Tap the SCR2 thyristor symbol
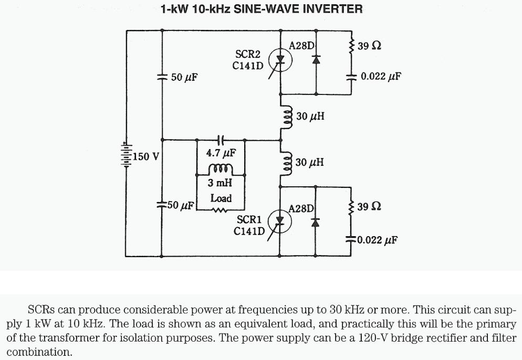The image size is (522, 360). coord(280,59)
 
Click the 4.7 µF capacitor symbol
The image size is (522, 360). coord(221,140)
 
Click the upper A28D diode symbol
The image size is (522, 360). coord(316,59)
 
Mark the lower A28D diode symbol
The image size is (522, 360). coord(316,221)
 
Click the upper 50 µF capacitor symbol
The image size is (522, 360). coord(161,76)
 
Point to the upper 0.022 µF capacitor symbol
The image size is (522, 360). coord(351,76)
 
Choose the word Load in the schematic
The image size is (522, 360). coord(221,199)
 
